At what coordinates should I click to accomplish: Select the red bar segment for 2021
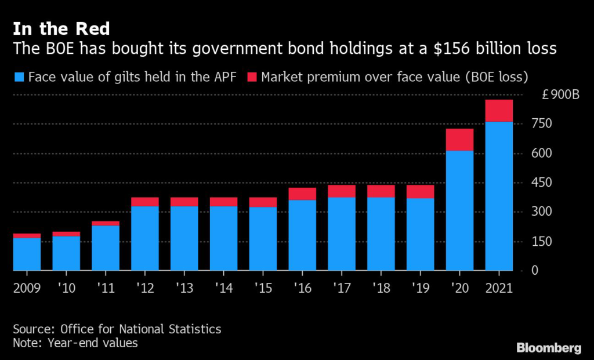coord(499,111)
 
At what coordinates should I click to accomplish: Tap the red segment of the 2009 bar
coord(27,236)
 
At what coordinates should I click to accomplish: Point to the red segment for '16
coord(302,194)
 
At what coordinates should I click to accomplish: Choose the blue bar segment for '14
coord(223,238)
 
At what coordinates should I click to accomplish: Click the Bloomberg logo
coord(549,348)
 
